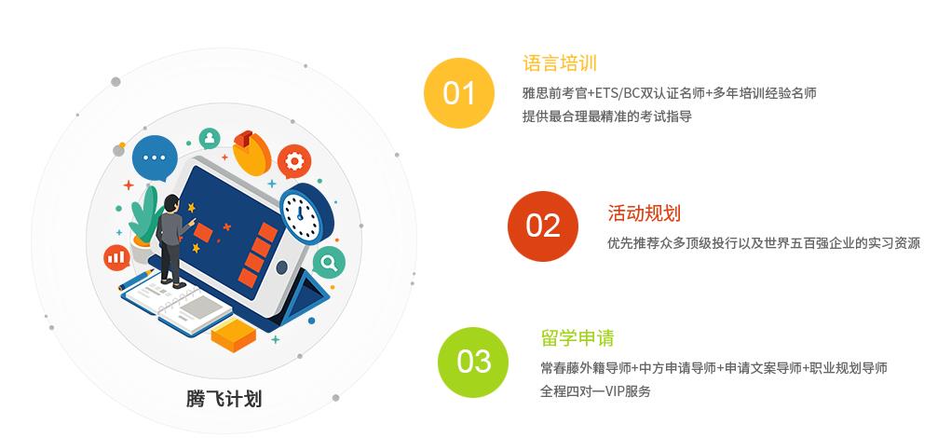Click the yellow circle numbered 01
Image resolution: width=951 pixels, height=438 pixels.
tap(458, 92)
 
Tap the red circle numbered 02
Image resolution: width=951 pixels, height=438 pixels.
tap(542, 226)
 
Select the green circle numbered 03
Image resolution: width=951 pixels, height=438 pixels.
tap(473, 362)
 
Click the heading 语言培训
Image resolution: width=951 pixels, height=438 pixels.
tap(559, 63)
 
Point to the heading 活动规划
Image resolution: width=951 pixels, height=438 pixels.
tap(644, 213)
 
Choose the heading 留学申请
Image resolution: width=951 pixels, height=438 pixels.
tap(577, 337)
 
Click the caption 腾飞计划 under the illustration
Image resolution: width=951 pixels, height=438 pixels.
tap(224, 399)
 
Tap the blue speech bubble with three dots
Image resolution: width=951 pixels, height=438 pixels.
tap(154, 158)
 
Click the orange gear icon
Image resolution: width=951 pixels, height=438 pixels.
tap(294, 161)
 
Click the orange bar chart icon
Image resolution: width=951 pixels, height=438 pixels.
tap(117, 255)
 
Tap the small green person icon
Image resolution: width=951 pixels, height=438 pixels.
tap(210, 138)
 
